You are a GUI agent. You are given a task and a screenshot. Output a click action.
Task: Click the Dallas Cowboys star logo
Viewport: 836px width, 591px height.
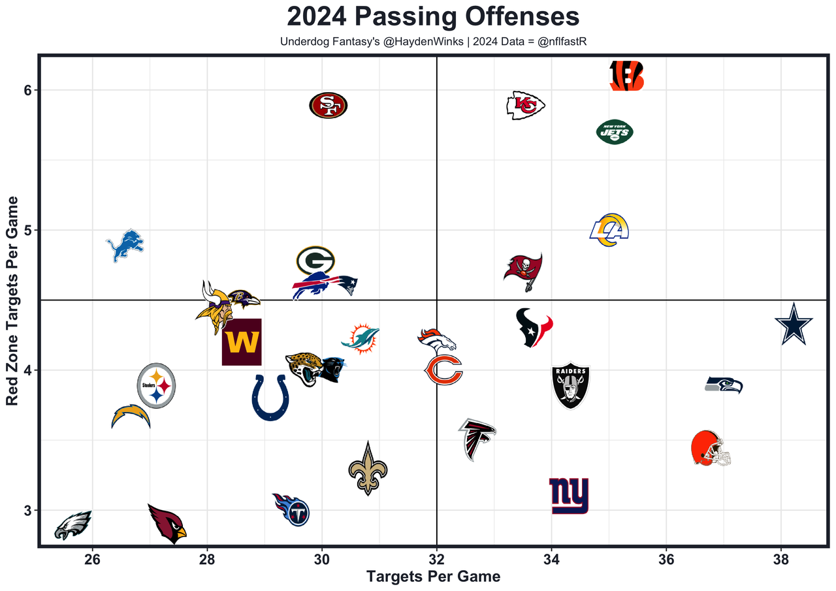click(794, 325)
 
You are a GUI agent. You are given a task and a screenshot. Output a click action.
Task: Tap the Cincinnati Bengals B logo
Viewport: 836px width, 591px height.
click(626, 76)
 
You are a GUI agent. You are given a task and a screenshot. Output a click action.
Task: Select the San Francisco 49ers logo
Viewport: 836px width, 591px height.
click(329, 105)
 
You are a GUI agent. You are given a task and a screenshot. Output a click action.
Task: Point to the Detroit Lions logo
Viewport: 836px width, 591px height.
click(125, 246)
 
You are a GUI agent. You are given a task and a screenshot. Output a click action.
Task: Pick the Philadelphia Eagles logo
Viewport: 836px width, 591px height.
click(72, 526)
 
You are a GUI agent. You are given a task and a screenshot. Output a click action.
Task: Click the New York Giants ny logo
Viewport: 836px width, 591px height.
click(569, 496)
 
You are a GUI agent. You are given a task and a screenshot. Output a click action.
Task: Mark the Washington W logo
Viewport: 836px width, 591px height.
click(242, 342)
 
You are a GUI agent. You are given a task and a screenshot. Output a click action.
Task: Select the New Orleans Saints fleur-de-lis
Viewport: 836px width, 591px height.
click(368, 468)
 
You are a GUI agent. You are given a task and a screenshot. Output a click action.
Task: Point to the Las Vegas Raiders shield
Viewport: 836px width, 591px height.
click(571, 386)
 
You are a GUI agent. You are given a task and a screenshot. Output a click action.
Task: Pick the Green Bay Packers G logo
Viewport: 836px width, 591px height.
click(315, 261)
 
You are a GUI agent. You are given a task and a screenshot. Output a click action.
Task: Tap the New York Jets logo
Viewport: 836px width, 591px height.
click(615, 132)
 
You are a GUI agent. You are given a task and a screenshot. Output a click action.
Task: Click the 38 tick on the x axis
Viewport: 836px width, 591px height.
click(781, 560)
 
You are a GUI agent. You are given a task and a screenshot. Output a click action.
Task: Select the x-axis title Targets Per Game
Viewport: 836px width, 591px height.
click(433, 577)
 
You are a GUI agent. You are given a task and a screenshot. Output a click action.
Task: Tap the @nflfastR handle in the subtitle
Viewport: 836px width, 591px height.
click(562, 42)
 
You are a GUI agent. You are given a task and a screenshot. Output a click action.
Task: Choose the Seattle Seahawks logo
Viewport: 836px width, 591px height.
click(724, 385)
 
